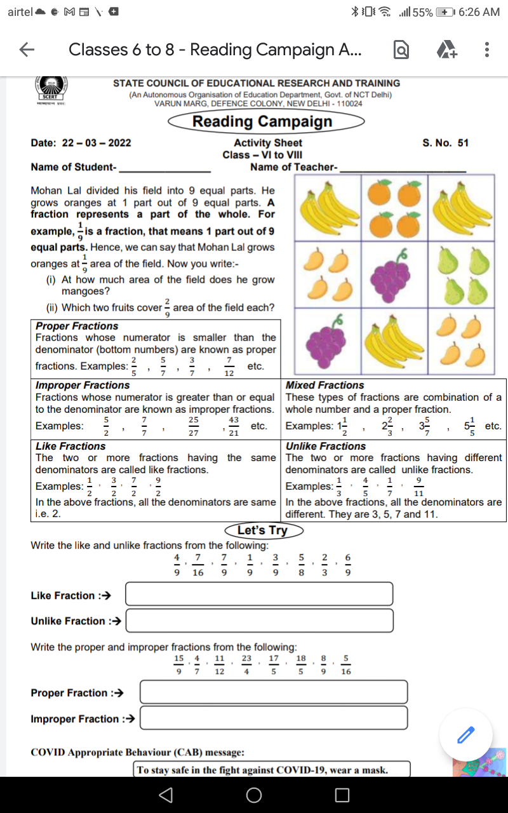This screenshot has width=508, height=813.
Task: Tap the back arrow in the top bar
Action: (26, 50)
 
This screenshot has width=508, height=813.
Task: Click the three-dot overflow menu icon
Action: (486, 50)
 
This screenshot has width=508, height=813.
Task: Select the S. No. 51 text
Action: (445, 143)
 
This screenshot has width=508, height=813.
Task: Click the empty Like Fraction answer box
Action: (259, 594)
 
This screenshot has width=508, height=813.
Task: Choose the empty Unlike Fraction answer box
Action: (259, 620)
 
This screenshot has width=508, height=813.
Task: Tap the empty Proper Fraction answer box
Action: (273, 692)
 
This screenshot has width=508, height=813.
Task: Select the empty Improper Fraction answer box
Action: (273, 718)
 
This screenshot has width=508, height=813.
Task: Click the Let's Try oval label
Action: (262, 530)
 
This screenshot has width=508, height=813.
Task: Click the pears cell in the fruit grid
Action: (462, 277)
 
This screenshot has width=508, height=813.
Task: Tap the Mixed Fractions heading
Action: (325, 386)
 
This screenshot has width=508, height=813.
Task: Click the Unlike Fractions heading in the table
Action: (326, 447)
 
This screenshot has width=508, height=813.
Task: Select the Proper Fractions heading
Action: (77, 326)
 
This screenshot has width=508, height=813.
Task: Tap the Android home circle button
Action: (254, 795)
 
